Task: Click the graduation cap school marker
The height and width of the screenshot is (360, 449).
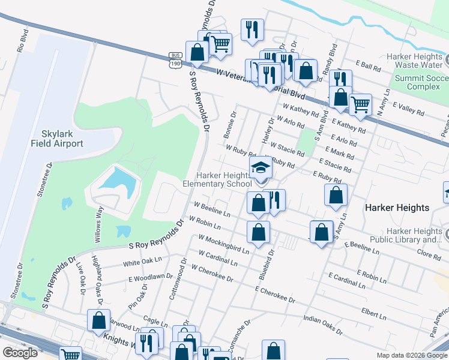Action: point(261,168)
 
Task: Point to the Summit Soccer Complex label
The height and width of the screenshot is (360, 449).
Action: point(420,82)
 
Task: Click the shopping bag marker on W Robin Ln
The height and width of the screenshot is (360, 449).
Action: point(258,232)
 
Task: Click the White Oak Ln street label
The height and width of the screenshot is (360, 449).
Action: point(143,262)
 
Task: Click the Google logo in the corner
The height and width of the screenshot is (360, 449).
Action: point(20,352)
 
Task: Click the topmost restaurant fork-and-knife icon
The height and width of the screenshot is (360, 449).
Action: point(252,29)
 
